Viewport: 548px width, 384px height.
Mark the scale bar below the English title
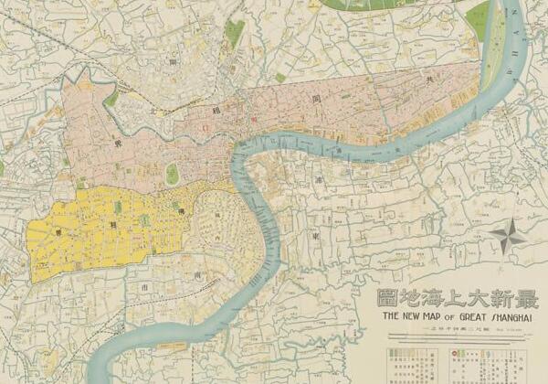pos(457,332)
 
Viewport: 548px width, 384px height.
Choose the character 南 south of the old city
pos(197,272)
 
